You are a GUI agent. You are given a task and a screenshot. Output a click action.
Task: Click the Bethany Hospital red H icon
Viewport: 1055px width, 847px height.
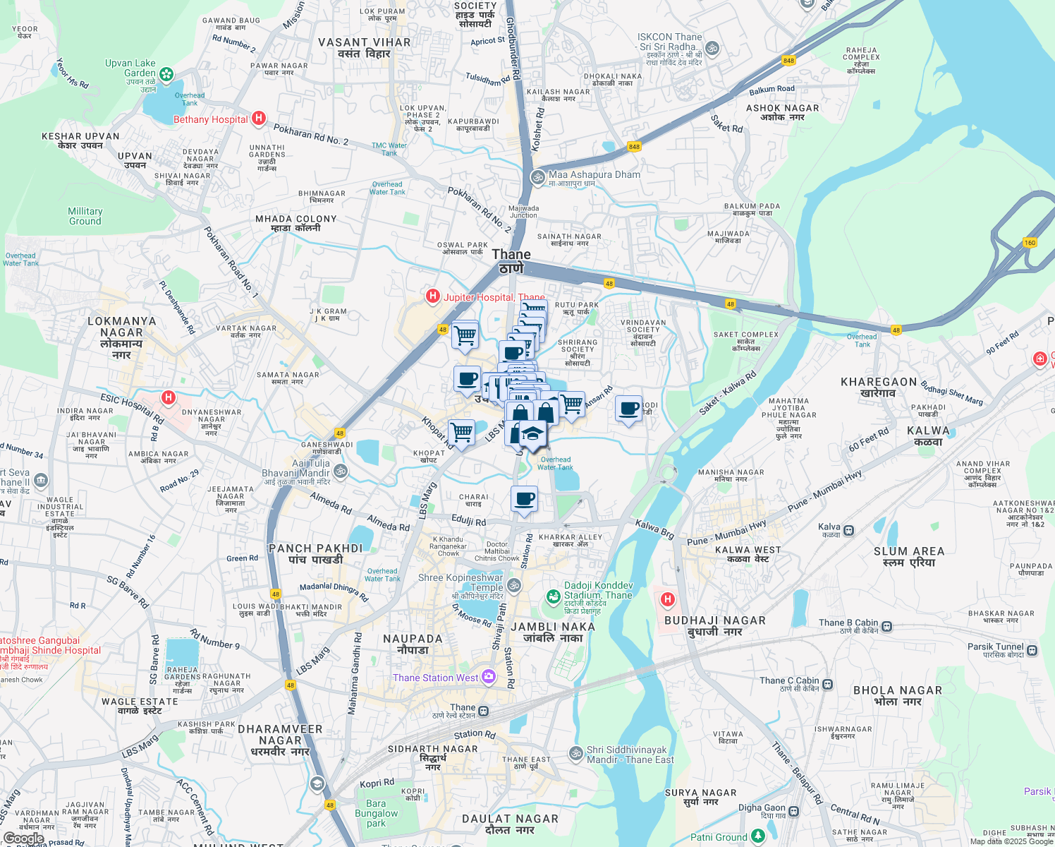[259, 119]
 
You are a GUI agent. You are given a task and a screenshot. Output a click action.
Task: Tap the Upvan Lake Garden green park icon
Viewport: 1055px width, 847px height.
[166, 73]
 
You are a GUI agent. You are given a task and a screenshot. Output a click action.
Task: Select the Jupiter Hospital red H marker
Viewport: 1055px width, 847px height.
[433, 296]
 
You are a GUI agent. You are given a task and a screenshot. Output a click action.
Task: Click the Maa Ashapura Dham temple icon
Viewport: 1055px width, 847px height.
[538, 176]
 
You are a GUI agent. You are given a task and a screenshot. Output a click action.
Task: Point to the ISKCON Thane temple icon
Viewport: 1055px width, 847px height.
[712, 49]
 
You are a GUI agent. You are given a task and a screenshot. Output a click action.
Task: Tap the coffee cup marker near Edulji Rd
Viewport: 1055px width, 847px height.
[524, 500]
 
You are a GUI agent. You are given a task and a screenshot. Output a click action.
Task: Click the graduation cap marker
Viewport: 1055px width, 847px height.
[533, 434]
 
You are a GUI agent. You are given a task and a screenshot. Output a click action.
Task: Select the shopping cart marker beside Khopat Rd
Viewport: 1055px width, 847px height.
[461, 431]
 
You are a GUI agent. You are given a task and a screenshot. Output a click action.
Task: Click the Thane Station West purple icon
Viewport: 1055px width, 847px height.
[489, 678]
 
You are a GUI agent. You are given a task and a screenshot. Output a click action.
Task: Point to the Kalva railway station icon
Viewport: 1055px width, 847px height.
[849, 530]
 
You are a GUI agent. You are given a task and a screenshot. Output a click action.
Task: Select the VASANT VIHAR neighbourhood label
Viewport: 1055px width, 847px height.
[364, 48]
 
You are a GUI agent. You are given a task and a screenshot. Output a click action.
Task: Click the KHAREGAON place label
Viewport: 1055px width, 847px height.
[879, 387]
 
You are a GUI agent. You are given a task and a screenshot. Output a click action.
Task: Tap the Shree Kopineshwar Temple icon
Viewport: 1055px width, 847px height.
[514, 585]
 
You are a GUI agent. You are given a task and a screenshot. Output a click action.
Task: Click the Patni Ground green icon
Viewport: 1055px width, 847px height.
[758, 836]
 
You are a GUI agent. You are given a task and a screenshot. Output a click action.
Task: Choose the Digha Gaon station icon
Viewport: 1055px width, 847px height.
[794, 811]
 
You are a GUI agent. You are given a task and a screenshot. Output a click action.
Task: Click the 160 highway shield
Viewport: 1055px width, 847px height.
[1030, 243]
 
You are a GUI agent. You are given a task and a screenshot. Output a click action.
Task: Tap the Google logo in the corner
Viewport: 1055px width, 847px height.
[23, 839]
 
